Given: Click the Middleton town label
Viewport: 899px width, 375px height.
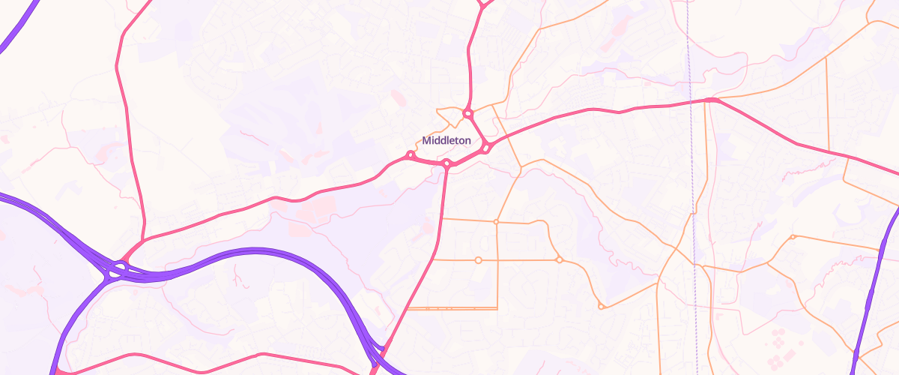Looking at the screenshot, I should click(x=447, y=140).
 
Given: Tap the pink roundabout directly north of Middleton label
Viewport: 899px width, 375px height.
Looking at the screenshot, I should click(x=467, y=114).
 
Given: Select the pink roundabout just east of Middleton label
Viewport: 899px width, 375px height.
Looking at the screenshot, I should click(x=485, y=147).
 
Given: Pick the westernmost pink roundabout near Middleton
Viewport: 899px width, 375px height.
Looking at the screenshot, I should click(x=410, y=155).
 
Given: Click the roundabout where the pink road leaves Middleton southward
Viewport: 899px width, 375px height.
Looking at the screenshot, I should click(x=447, y=163).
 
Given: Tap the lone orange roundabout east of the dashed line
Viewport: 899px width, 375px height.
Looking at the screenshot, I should click(x=793, y=238).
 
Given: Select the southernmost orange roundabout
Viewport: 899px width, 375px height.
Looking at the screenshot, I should click(x=601, y=306).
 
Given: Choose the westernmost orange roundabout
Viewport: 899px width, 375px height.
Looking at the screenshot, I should click(x=478, y=260).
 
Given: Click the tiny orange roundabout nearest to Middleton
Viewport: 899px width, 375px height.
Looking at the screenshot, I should click(x=496, y=222).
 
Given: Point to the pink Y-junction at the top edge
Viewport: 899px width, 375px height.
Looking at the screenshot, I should click(x=482, y=4).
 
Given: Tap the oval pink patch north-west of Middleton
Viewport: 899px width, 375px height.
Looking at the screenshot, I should click(x=397, y=97).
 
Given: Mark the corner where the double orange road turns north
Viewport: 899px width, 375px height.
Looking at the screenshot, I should click(x=497, y=307).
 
